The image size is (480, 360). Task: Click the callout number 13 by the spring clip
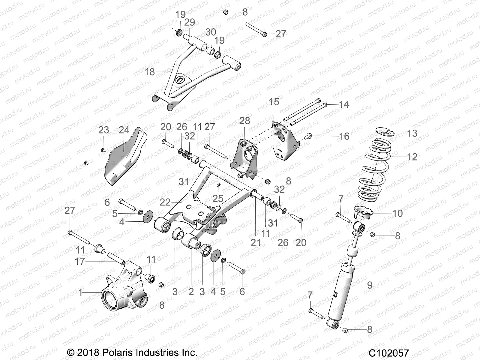pyautogui.click(x=412, y=133)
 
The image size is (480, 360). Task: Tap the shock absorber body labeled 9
pyautogui.click(x=342, y=294)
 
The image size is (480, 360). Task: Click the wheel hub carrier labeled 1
pyautogui.click(x=120, y=288)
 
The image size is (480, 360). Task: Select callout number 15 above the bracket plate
pyautogui.click(x=274, y=102)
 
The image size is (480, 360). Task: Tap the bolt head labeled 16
pyautogui.click(x=307, y=136)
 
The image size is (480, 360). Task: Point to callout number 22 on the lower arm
pyautogui.click(x=165, y=202)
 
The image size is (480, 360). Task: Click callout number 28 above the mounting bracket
pyautogui.click(x=244, y=121)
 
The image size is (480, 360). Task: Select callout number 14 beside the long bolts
pyautogui.click(x=344, y=104)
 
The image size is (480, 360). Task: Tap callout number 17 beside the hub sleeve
pyautogui.click(x=80, y=261)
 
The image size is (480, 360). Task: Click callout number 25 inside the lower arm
pyautogui.click(x=218, y=198)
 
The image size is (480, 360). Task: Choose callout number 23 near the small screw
pyautogui.click(x=103, y=130)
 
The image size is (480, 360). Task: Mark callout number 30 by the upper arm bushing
pyautogui.click(x=211, y=32)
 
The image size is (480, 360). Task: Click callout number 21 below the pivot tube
pyautogui.click(x=256, y=242)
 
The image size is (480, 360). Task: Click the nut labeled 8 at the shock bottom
pyautogui.click(x=346, y=330)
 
